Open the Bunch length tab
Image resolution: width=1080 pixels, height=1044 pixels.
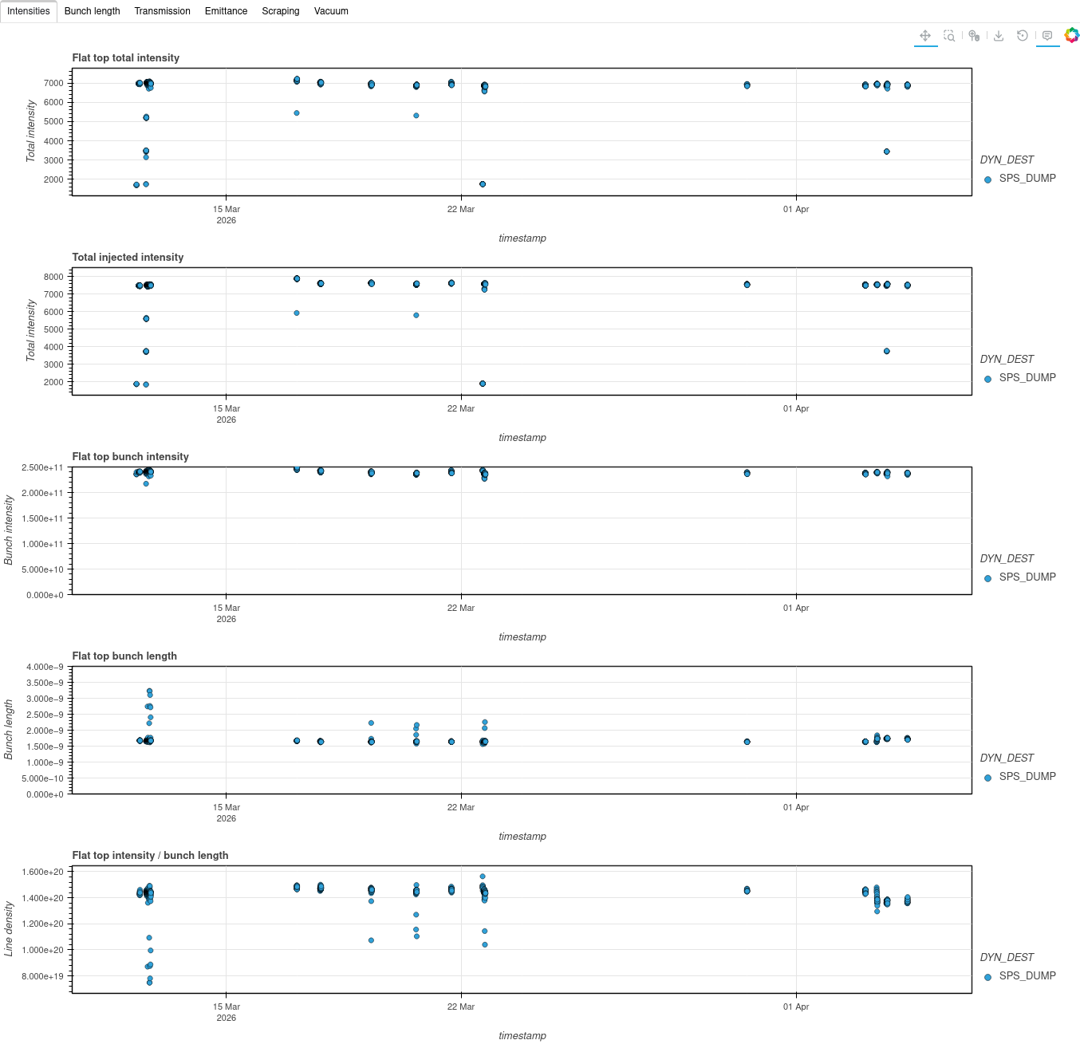tap(92, 11)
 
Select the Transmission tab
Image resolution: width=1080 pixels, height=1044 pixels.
tap(162, 11)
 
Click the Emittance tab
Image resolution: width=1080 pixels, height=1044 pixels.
tap(226, 11)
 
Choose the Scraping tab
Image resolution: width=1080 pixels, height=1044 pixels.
tap(281, 11)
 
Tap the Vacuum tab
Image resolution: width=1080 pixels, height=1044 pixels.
tap(331, 11)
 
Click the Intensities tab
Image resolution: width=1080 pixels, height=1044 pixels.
tap(29, 11)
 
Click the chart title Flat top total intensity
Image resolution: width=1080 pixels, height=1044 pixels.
tap(125, 58)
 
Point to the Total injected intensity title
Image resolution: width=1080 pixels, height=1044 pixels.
tap(128, 258)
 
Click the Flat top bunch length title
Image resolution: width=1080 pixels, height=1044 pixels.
tap(124, 656)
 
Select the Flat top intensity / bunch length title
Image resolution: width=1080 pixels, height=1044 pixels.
tap(150, 856)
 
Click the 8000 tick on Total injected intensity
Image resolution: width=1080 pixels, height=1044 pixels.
tap(53, 278)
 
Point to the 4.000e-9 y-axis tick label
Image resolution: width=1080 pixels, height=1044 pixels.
tap(45, 668)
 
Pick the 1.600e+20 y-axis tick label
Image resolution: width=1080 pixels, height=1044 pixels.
tap(43, 873)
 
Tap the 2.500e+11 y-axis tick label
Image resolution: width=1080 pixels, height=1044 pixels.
tap(42, 468)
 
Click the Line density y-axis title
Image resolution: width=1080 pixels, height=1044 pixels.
tap(9, 929)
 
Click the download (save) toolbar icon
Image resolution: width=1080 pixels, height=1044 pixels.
tap(999, 36)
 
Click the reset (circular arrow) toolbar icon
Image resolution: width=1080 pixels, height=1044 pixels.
tap(1023, 36)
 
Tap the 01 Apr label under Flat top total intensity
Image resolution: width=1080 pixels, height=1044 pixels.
tap(796, 210)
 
